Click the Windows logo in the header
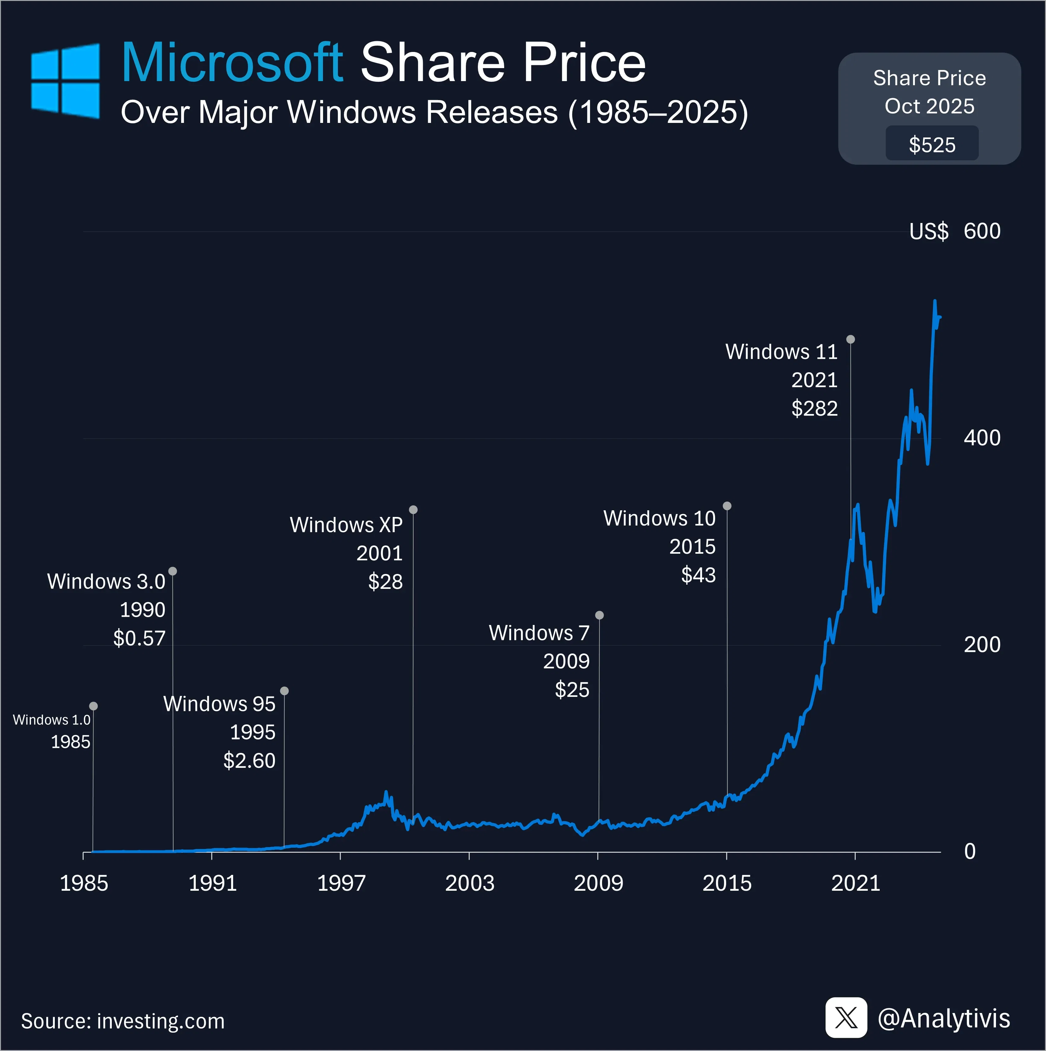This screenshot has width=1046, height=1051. pos(65,80)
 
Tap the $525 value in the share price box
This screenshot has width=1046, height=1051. pos(932,145)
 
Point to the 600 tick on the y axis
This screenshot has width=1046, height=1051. pos(982,231)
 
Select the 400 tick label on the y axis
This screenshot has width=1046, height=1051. pos(982,438)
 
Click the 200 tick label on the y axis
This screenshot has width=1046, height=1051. pos(982,645)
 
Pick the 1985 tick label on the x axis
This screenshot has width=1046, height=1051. pos(84,883)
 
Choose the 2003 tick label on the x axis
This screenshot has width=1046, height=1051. pos(469,883)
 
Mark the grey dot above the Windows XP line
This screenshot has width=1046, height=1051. pos(413,510)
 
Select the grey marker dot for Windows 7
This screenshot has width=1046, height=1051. pos(599,615)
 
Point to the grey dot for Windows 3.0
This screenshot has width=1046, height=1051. pos(172,571)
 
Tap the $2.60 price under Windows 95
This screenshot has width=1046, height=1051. pos(249,761)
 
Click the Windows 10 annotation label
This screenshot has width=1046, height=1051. pos(659,519)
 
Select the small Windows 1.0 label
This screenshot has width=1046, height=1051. pos(52,720)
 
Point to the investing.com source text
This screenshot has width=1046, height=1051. pos(161,1021)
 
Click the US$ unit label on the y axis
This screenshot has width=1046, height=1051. pos(929,232)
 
